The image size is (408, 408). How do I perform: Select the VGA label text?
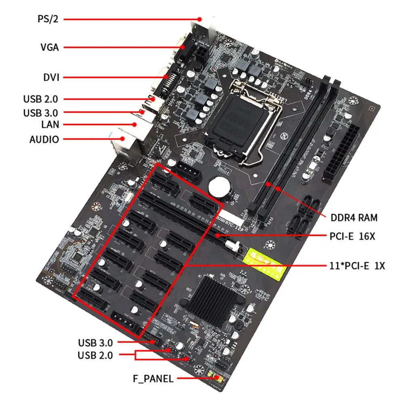[x=50, y=48]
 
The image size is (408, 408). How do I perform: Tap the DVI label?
[x=51, y=77]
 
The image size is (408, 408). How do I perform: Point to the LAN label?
[x=50, y=124]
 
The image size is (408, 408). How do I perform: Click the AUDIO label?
[x=44, y=140]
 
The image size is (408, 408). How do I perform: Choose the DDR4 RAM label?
[x=354, y=218]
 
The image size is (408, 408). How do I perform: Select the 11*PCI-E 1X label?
[x=357, y=266]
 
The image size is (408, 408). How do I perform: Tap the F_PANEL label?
[x=153, y=379]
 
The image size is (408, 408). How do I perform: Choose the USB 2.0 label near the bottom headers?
[x=95, y=355]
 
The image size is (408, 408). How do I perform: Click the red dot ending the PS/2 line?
[x=200, y=19]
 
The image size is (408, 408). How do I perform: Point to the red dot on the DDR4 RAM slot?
[x=278, y=187]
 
